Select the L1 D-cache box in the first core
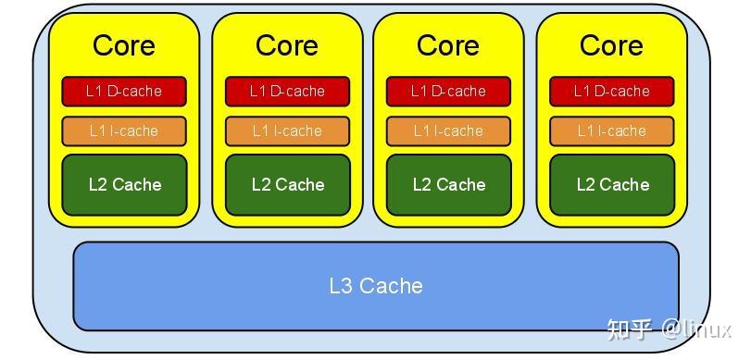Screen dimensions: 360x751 click(x=124, y=91)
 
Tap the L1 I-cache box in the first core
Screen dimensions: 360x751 click(x=124, y=130)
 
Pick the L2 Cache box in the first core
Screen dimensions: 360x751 click(x=124, y=184)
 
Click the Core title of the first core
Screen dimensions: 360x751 click(x=124, y=44)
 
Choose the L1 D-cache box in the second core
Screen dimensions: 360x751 click(x=287, y=91)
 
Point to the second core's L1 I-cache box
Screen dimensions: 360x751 click(x=287, y=130)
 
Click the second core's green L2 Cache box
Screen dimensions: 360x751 click(x=287, y=184)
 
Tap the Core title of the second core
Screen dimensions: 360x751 click(x=287, y=44)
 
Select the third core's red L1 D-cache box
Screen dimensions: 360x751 click(x=448, y=91)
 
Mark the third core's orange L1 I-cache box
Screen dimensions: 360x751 click(x=448, y=130)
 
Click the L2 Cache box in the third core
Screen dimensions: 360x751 click(x=448, y=184)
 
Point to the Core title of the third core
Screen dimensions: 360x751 click(x=448, y=44)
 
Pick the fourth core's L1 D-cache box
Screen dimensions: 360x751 click(x=611, y=91)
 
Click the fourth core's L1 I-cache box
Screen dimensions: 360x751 click(x=611, y=130)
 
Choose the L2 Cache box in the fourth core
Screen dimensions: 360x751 click(x=611, y=184)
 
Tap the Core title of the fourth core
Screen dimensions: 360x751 click(x=611, y=44)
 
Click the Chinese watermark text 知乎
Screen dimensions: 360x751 click(x=630, y=329)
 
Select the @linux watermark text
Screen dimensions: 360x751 click(x=696, y=329)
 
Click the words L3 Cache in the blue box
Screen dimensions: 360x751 click(x=375, y=286)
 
